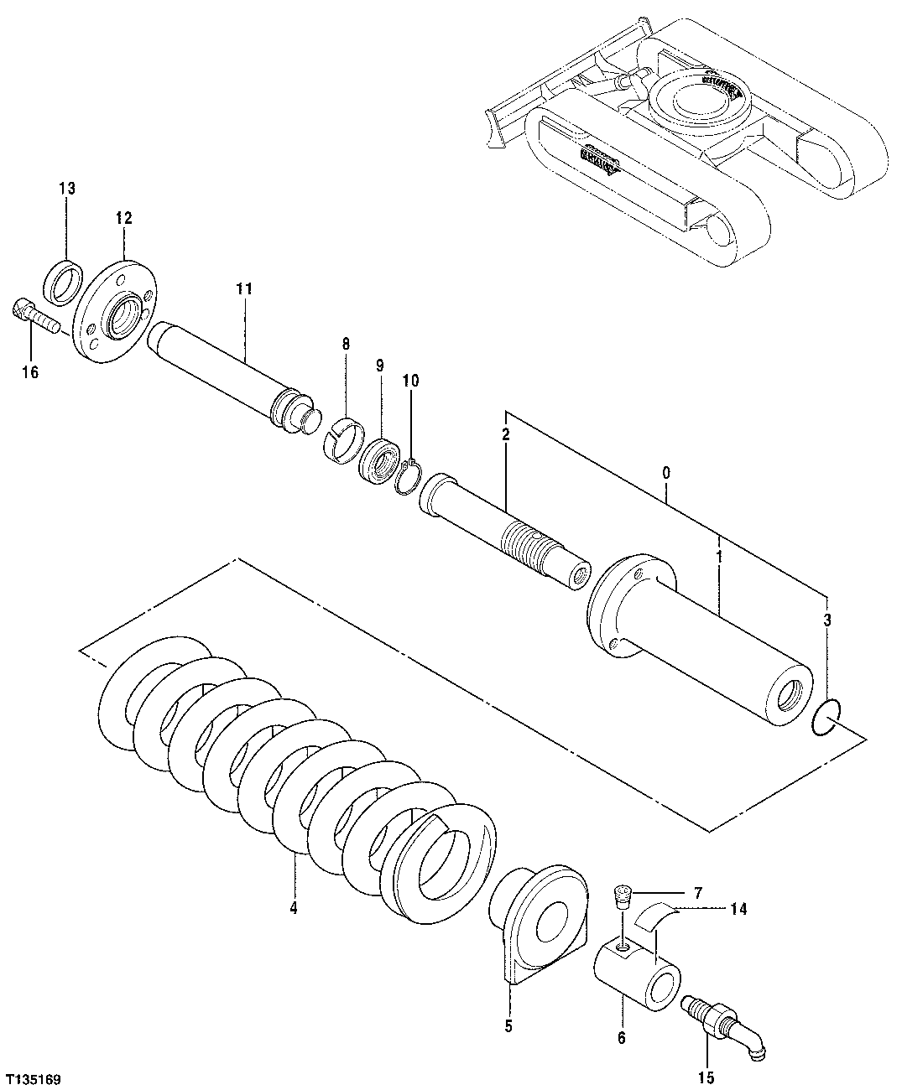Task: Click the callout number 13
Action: coord(66,189)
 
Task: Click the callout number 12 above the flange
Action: coord(123,218)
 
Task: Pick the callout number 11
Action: coord(243,288)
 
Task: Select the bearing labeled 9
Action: coord(379,460)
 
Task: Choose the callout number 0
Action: coord(665,473)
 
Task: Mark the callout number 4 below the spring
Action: coord(293,907)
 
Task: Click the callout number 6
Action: coord(622,1037)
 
